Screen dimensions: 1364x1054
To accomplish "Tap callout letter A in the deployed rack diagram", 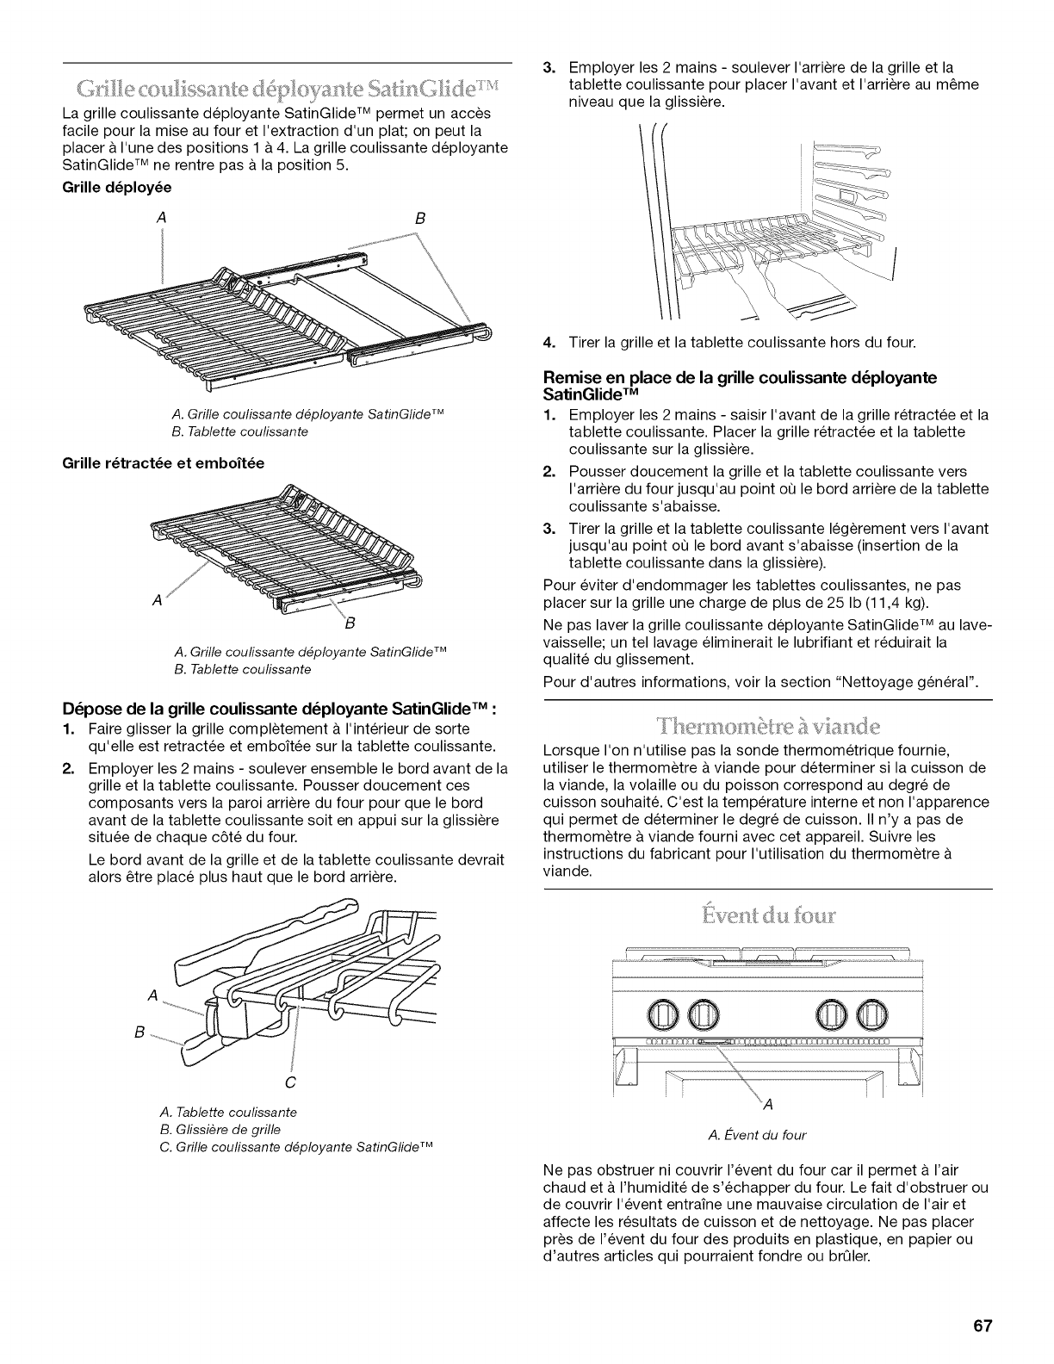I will click(x=161, y=219).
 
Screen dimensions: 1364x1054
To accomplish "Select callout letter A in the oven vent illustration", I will click(x=768, y=1105).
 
